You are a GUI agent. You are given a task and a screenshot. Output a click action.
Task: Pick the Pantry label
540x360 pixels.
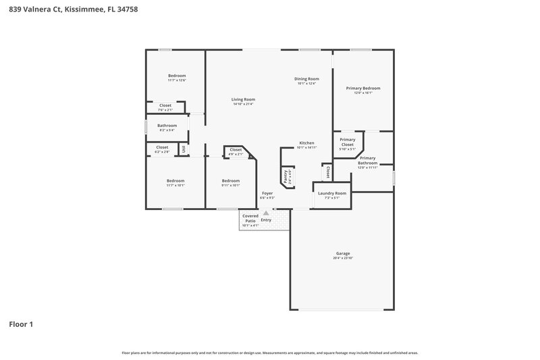pyautogui.click(x=286, y=178)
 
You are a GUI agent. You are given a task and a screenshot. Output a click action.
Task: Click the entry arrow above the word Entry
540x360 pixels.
pyautogui.click(x=266, y=213)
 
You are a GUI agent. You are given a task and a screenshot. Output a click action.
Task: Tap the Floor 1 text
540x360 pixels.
pyautogui.click(x=21, y=324)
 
